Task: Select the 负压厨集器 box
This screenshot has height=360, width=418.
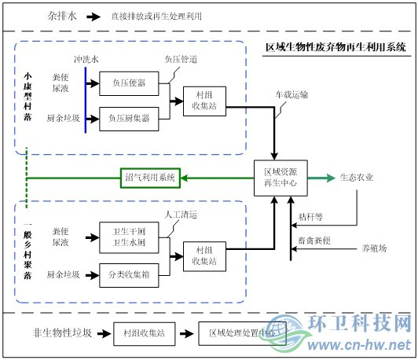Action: [128, 119]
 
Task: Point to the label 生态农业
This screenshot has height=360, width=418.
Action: [357, 178]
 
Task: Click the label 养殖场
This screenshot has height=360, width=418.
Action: [374, 248]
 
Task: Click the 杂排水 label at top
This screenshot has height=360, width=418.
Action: [62, 15]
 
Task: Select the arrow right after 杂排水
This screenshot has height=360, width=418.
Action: [93, 16]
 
